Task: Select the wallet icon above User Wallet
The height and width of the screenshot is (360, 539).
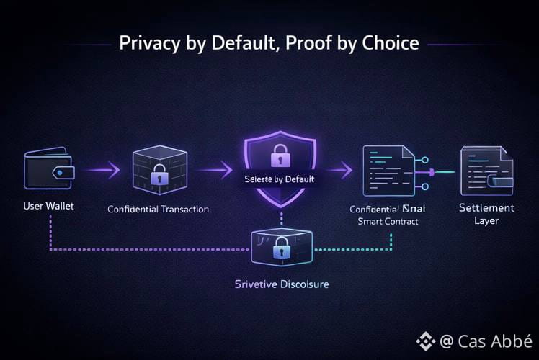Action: point(47,170)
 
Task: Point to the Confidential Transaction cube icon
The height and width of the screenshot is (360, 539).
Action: point(159,171)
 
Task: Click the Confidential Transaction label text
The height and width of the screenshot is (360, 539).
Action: point(159,210)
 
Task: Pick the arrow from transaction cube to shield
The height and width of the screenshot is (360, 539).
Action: point(215,171)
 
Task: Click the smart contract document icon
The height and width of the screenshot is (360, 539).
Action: point(388,170)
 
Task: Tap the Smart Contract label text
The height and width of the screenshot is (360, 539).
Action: point(388,222)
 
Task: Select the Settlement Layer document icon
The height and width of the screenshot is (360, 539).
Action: point(487,170)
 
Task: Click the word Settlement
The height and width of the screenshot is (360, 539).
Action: point(487,208)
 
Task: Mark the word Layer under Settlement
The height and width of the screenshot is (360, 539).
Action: point(487,221)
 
